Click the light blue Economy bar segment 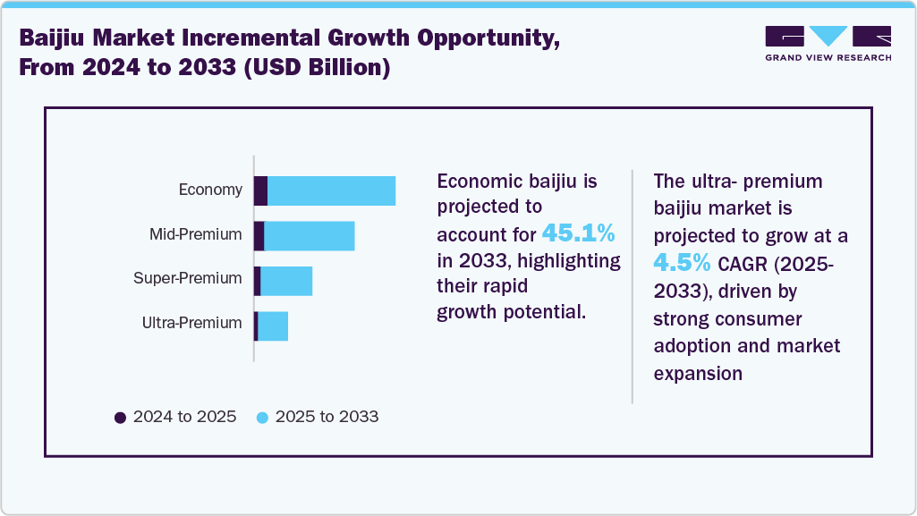[x=331, y=191]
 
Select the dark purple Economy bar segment [x=260, y=191]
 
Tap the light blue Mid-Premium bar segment [x=309, y=236]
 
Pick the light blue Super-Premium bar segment [x=286, y=281]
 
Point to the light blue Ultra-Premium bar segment [x=273, y=326]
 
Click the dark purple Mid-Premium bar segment [x=259, y=236]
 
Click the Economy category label [x=210, y=190]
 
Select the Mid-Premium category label [x=195, y=234]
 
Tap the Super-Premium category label [x=187, y=278]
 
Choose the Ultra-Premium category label [x=191, y=323]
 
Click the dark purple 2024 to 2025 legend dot [x=120, y=418]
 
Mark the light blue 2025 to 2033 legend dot [x=262, y=418]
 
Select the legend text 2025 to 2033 [x=327, y=417]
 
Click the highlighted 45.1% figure [x=578, y=234]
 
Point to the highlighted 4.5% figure [x=682, y=263]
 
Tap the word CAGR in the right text [x=742, y=265]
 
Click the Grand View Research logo [x=828, y=43]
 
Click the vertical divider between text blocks [x=633, y=286]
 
